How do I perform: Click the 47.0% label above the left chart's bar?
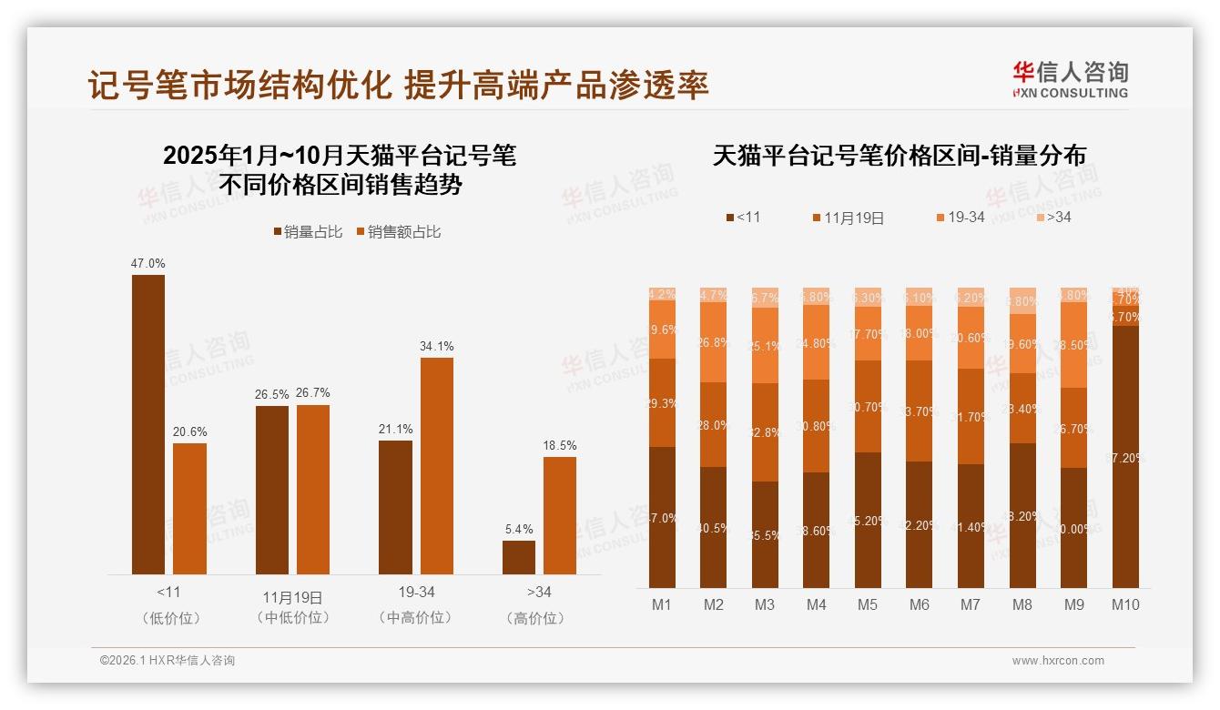148,263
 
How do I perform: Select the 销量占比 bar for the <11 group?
148,424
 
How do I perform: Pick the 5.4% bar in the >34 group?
519,557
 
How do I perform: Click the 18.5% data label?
560,445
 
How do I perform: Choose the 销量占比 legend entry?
309,232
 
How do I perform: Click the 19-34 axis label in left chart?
416,592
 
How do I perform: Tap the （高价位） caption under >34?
539,618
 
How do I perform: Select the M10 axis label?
1125,604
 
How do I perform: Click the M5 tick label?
868,604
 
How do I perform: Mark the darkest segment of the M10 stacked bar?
1125,456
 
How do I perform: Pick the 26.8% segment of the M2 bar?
714,342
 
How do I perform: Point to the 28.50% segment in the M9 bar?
1074,345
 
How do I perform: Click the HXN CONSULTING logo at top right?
1070,79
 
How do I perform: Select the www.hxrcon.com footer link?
1058,661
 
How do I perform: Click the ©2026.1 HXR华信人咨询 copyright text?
168,661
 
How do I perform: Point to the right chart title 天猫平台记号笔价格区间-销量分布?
899,156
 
